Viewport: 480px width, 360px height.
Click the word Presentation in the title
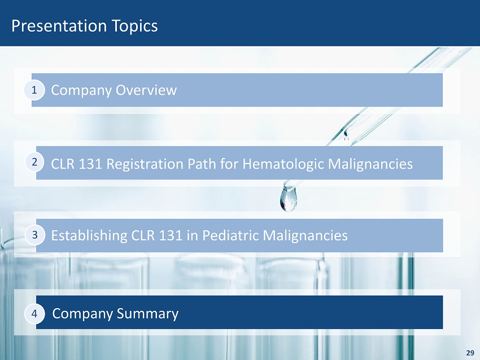(59, 26)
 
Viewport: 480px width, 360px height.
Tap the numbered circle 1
(34, 90)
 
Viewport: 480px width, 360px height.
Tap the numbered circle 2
(34, 161)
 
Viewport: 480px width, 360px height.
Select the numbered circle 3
(35, 235)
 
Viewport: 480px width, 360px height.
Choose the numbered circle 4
(34, 314)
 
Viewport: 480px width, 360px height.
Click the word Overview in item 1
(146, 90)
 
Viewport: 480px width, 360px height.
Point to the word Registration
(145, 164)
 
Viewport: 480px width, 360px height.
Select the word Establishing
(89, 236)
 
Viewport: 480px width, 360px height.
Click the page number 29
(470, 353)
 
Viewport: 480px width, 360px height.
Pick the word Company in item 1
(81, 90)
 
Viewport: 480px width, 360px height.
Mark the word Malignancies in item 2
(370, 164)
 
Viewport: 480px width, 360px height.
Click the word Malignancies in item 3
(305, 236)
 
